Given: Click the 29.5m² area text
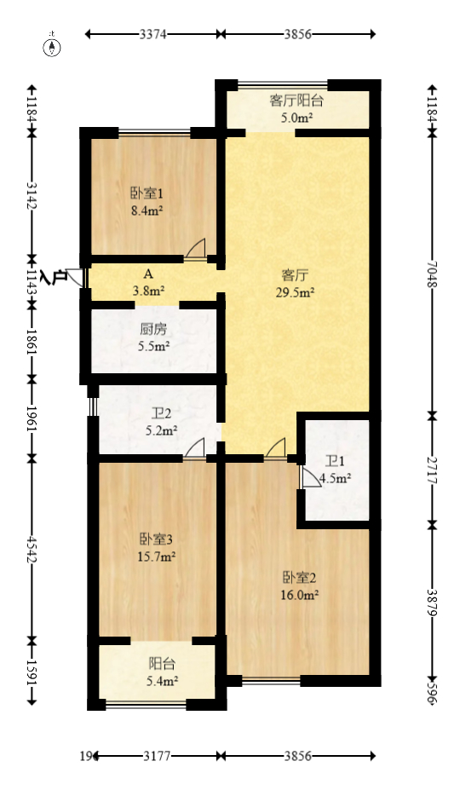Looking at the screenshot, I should click(x=296, y=292).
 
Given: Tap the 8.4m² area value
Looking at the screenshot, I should click(x=147, y=210).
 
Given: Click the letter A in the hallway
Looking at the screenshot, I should click(x=148, y=274).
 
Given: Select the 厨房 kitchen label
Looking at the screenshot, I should click(x=153, y=329).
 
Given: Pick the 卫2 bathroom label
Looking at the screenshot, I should click(x=161, y=414).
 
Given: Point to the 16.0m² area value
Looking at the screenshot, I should click(x=299, y=596).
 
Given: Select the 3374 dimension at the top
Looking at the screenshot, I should click(x=153, y=35).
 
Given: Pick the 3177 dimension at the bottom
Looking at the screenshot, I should click(x=157, y=756).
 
